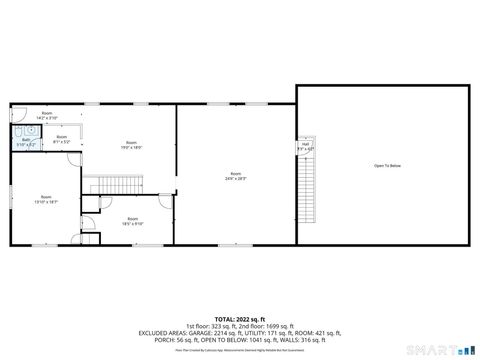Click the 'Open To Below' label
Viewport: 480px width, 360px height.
(x=387, y=165)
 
